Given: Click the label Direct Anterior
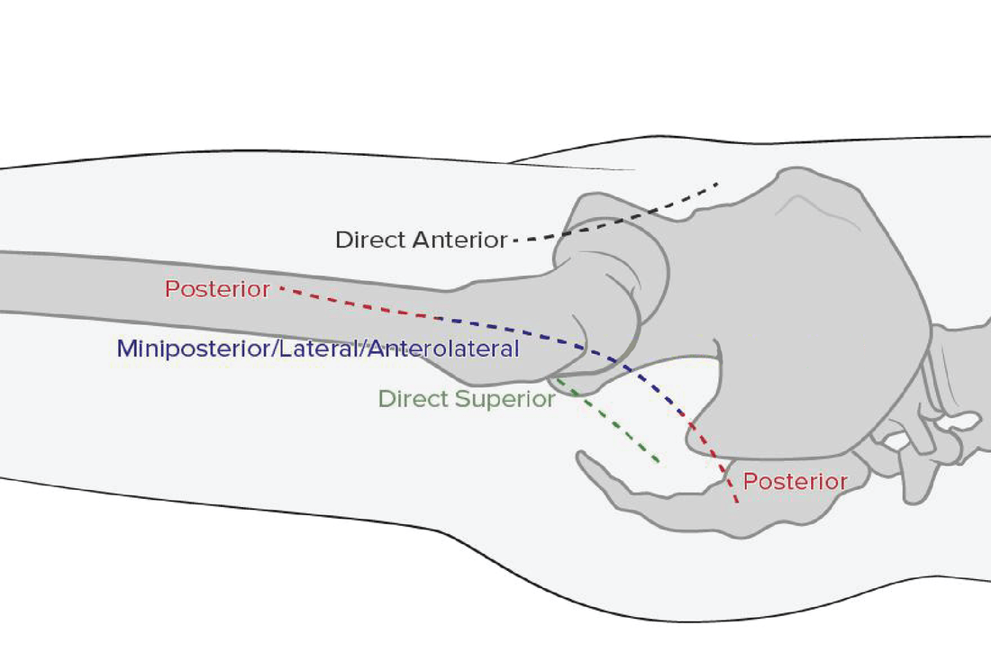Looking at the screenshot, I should click(422, 240).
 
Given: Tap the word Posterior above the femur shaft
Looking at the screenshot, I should click(217, 290).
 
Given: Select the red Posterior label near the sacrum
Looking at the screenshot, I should click(795, 482).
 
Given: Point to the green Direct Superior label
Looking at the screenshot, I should click(466, 399).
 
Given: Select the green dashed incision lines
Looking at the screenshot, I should click(622, 428).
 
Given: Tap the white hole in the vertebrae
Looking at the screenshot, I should click(962, 421).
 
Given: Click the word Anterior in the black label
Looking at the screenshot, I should click(460, 240).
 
